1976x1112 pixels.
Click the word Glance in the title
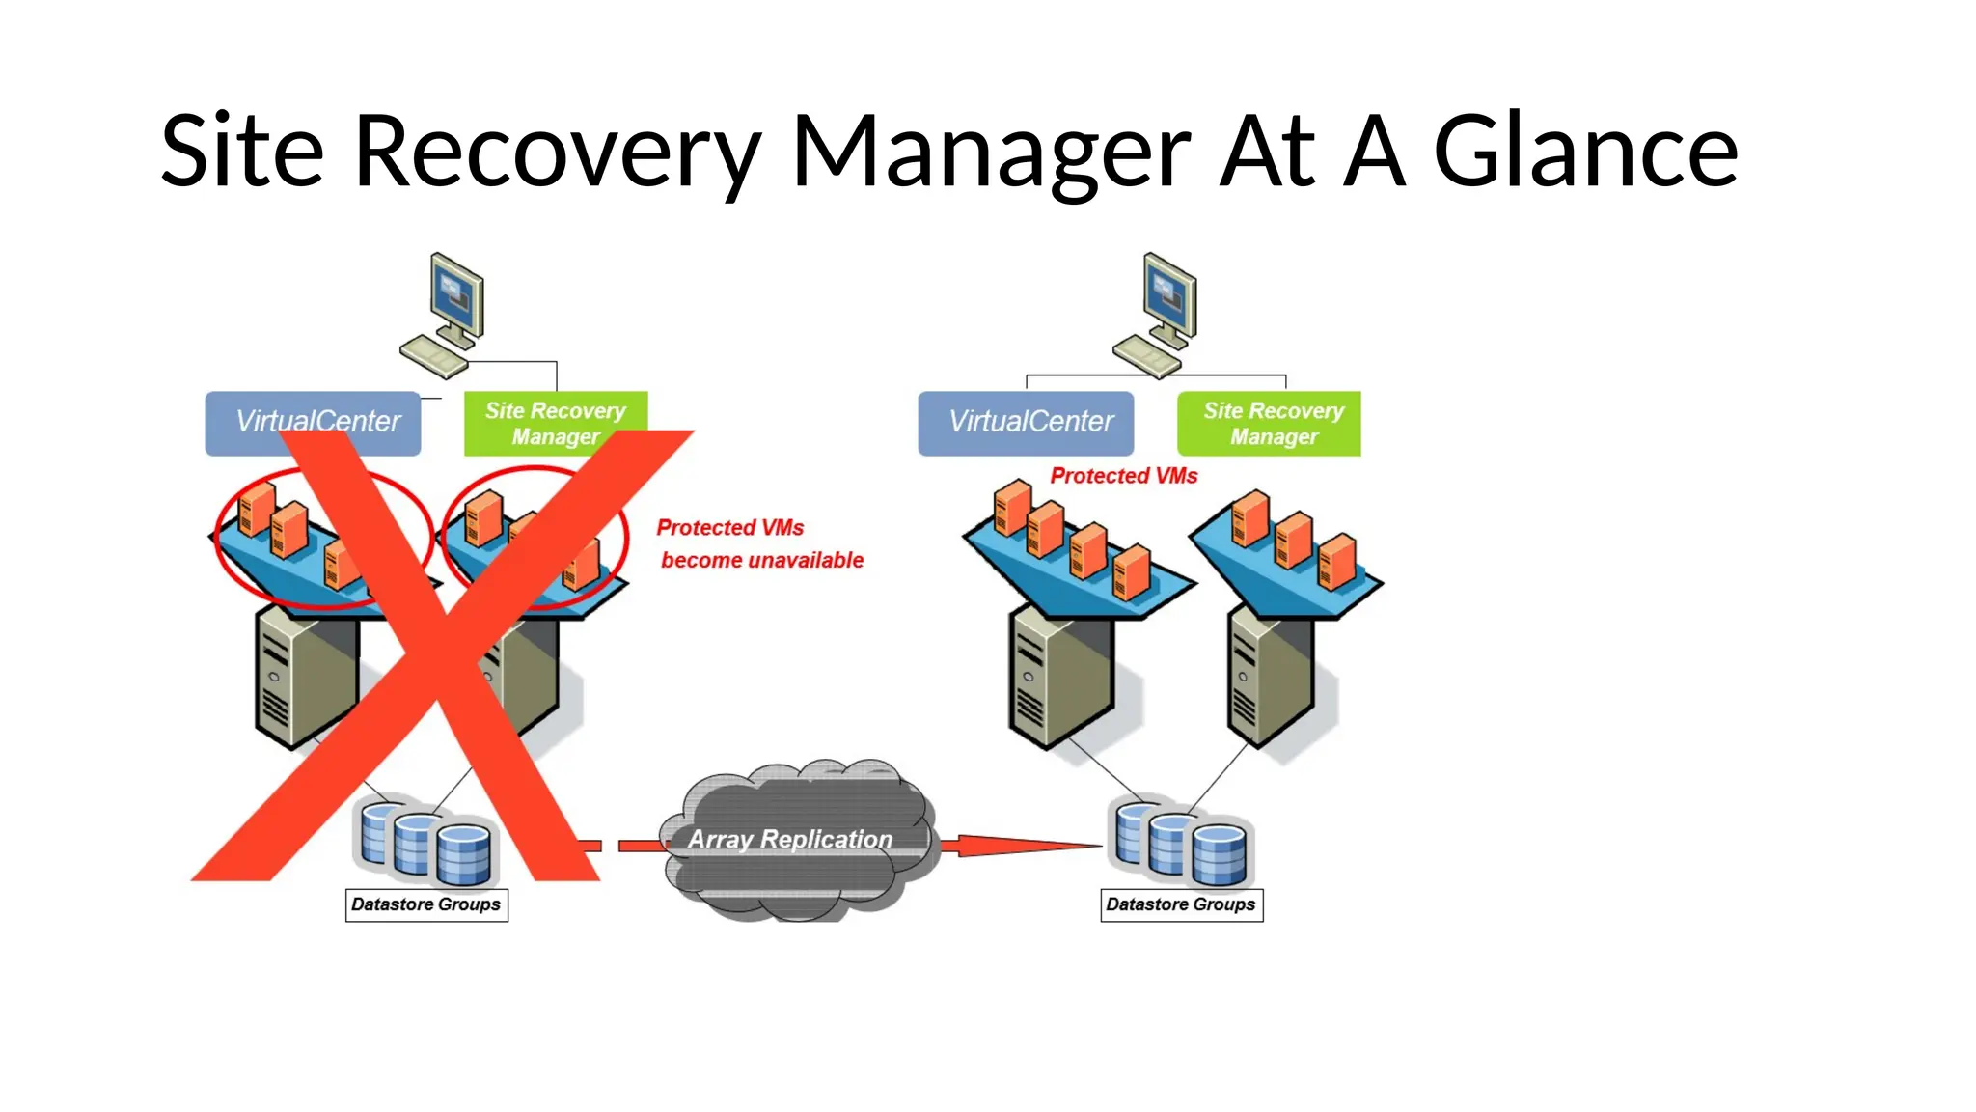(1585, 152)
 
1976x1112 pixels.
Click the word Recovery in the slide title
(558, 152)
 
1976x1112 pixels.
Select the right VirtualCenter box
(1026, 423)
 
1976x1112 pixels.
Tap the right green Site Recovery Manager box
(1269, 423)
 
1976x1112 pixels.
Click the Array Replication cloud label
(790, 839)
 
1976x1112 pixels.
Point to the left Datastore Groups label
(426, 904)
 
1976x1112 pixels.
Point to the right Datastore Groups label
(1181, 904)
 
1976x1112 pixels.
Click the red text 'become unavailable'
(761, 560)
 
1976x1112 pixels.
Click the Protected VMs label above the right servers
(1123, 476)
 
